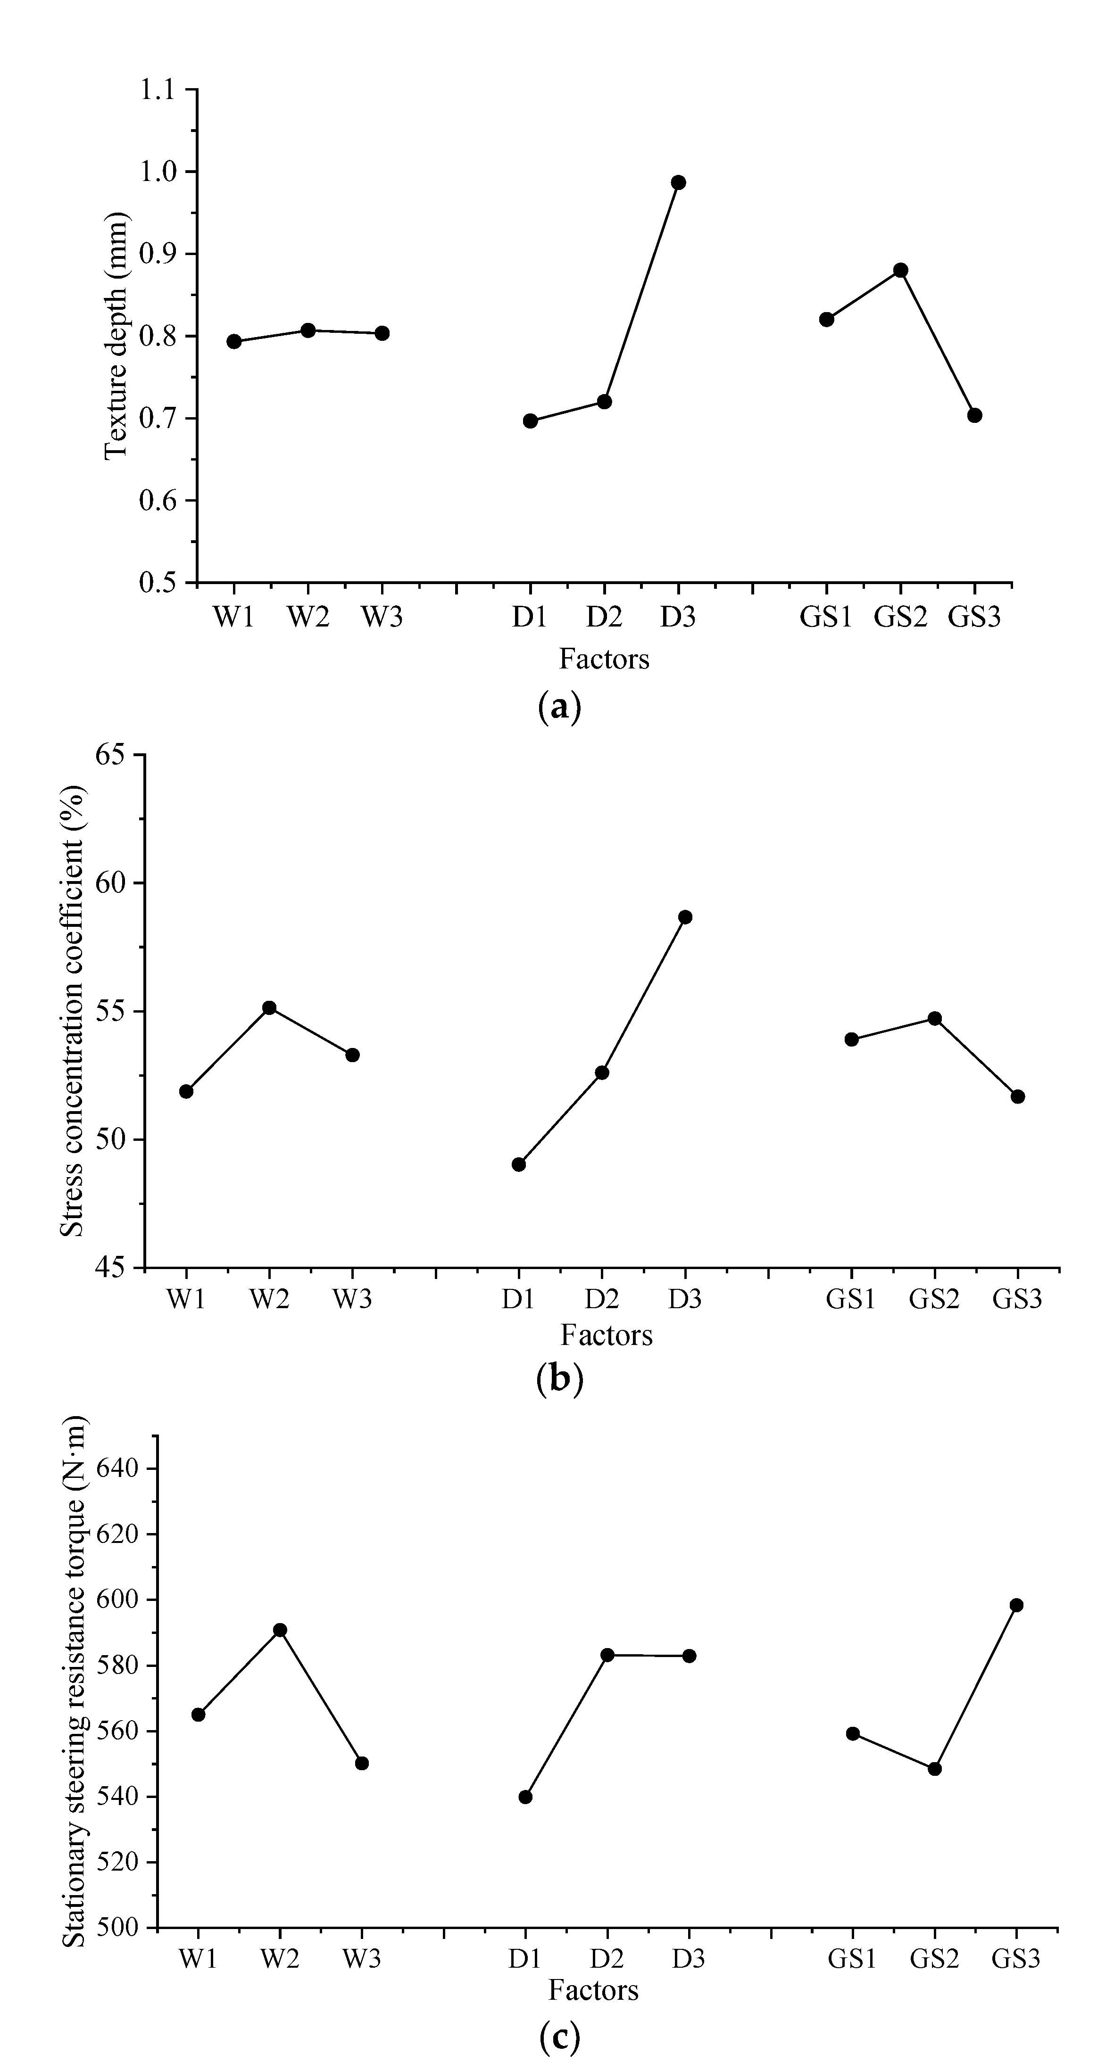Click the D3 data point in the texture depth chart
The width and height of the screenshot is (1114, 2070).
678,182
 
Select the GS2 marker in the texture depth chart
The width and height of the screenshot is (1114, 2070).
900,270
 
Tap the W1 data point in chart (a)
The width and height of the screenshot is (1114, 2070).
234,341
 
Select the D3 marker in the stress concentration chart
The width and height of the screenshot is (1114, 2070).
685,917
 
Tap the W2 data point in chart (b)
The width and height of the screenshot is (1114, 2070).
269,1008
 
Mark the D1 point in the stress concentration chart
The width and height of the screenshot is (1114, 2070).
518,1164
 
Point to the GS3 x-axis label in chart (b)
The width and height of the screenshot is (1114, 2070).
1017,1299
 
